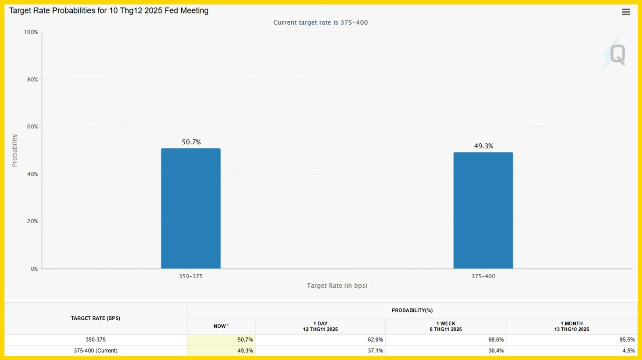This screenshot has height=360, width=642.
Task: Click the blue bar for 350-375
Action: [191, 208]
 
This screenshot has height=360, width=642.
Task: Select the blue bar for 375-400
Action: [483, 210]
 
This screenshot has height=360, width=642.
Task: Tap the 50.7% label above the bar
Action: [191, 142]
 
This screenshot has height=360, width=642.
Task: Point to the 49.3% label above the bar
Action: [484, 146]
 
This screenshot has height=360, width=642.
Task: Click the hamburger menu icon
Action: [626, 12]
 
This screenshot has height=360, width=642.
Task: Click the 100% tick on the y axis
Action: [31, 32]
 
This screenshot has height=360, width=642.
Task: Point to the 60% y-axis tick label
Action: [32, 127]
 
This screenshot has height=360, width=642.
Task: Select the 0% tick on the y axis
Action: [34, 269]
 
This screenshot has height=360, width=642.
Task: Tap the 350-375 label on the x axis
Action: [191, 276]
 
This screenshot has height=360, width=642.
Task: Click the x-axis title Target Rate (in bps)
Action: [337, 286]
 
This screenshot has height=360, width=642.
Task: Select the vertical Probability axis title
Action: [15, 150]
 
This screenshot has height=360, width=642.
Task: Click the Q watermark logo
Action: [615, 54]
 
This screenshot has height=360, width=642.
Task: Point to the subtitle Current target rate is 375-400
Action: [321, 23]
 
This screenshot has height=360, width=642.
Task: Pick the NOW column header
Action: [221, 326]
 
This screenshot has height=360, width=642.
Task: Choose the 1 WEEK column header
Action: [445, 326]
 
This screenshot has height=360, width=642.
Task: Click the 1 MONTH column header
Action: [572, 326]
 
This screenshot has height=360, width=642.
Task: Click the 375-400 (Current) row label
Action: [95, 350]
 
